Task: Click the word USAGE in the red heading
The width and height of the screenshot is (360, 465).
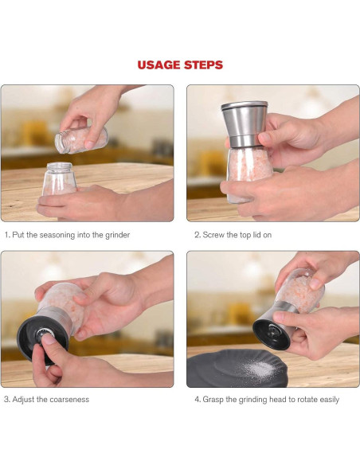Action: coord(159,65)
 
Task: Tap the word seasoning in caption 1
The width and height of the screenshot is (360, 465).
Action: coord(57,235)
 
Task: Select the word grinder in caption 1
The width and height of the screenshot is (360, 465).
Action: coord(117,235)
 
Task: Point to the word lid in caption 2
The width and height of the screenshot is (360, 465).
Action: coord(256,235)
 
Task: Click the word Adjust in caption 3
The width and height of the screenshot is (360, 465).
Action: coord(23,400)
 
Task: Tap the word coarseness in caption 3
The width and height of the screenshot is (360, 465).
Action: coord(69,400)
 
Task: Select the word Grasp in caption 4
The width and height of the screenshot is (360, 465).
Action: coord(213,400)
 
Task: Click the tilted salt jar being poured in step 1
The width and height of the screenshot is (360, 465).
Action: coord(81,140)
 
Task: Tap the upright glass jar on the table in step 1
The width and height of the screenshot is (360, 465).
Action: coord(59,179)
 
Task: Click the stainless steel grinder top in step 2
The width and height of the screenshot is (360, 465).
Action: coord(245,123)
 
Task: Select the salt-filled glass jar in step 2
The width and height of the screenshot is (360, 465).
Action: coord(248,174)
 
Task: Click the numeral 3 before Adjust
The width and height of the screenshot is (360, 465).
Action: coord(6,400)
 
